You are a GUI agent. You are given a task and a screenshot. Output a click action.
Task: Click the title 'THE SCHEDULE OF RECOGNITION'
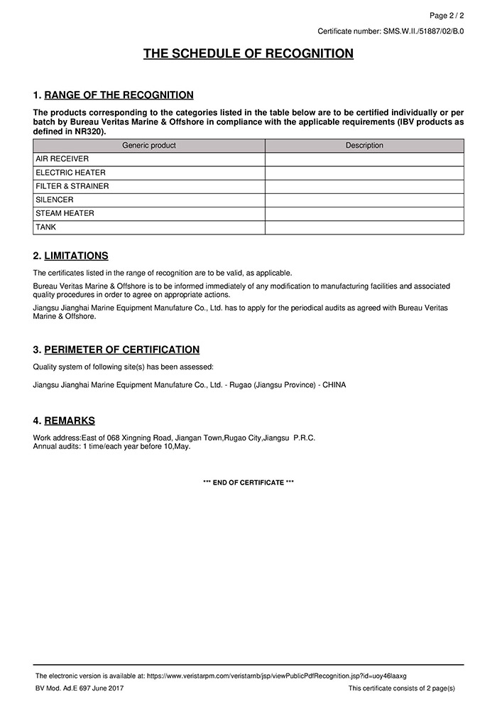tap(248, 54)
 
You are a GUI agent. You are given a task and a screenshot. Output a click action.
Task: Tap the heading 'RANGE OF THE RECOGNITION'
tap(119, 95)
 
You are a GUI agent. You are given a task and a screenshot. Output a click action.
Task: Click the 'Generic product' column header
tap(149, 146)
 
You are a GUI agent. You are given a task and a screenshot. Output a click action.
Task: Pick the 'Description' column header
tap(364, 146)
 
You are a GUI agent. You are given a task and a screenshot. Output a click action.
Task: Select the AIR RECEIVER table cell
tap(62, 159)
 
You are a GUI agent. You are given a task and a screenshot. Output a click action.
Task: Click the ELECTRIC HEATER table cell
tap(70, 173)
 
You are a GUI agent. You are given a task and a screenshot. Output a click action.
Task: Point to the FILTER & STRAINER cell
tap(72, 186)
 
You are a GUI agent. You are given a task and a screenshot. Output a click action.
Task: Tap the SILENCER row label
tap(55, 200)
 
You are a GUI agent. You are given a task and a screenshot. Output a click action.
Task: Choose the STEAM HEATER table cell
tap(65, 213)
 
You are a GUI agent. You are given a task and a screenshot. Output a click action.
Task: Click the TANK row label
tap(45, 227)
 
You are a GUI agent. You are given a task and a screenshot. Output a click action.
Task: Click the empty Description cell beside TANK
tap(364, 227)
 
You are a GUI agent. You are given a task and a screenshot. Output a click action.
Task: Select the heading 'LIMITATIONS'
tap(76, 256)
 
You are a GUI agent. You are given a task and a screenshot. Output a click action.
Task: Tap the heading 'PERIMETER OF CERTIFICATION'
tap(121, 350)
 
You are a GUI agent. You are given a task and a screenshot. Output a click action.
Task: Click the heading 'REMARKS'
tap(69, 421)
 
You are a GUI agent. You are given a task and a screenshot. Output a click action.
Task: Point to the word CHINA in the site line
tap(334, 384)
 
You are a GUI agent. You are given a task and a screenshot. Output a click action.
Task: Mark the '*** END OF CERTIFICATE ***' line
tap(248, 482)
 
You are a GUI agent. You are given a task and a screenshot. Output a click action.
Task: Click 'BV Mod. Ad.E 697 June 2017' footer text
tap(80, 689)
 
